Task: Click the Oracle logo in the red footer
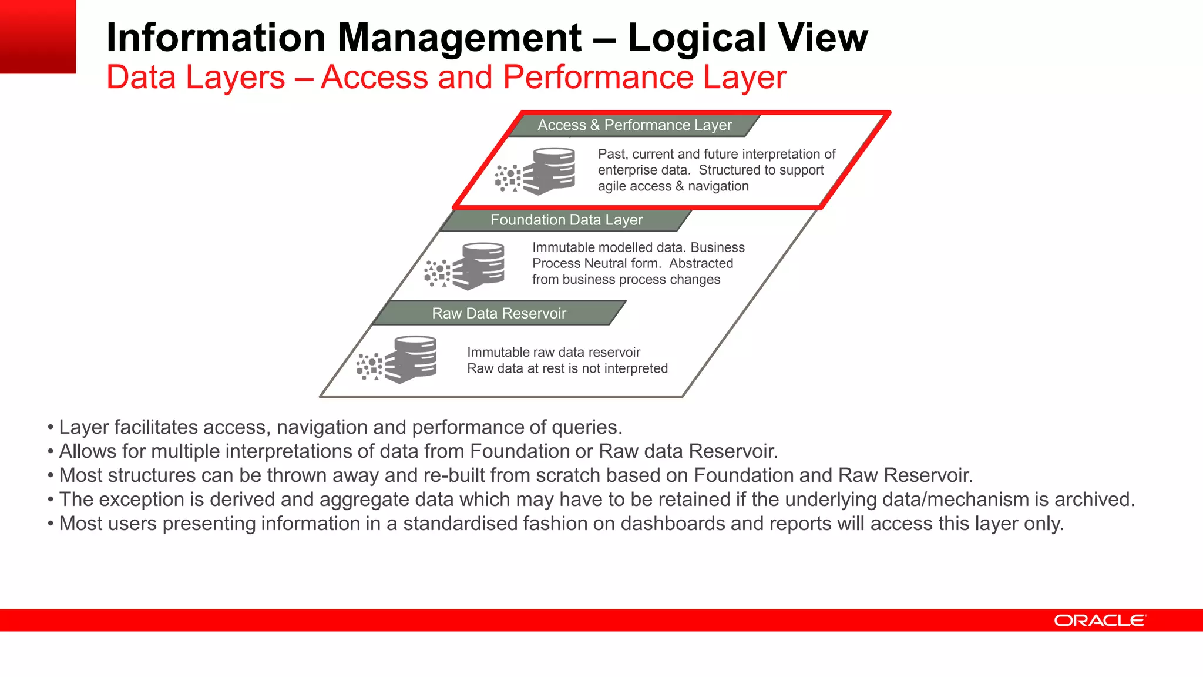1100,621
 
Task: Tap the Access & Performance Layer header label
634,125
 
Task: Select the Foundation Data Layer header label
566,220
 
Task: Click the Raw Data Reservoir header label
499,313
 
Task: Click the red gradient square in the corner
38,36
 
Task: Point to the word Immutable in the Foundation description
558,247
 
